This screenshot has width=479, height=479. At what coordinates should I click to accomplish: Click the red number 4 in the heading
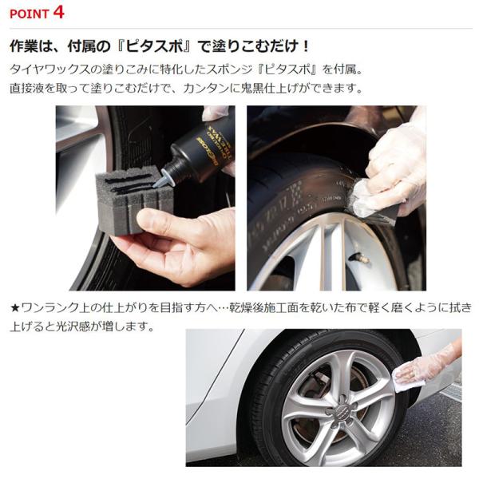(x=58, y=13)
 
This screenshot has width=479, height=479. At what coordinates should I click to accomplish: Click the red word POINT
(x=30, y=14)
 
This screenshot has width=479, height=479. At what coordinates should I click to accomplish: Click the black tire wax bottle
(x=202, y=147)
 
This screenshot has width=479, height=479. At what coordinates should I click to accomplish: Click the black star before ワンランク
(x=15, y=308)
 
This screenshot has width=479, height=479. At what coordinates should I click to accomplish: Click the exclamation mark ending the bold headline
(x=306, y=46)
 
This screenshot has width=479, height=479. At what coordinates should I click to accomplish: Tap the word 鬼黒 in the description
(x=253, y=89)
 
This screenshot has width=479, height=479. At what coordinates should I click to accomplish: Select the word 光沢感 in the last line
(x=73, y=327)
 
